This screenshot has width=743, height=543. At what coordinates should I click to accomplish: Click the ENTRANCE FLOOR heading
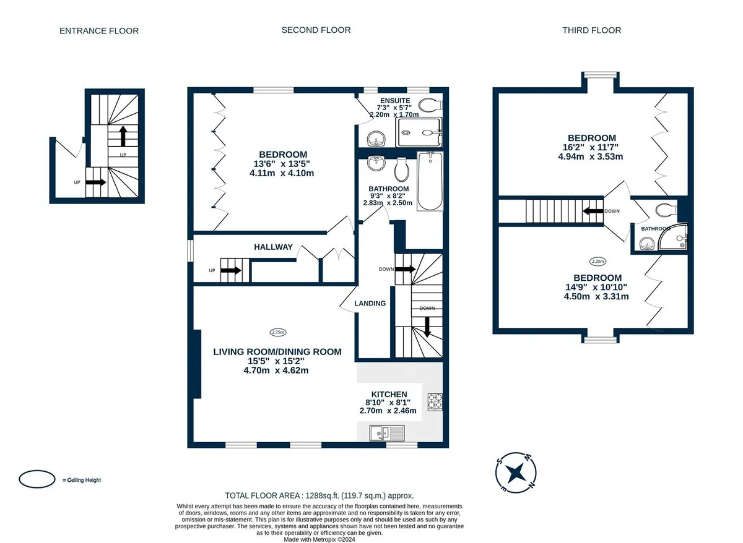pyautogui.click(x=99, y=31)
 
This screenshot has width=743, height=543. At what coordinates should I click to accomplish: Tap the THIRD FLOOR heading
pyautogui.click(x=591, y=30)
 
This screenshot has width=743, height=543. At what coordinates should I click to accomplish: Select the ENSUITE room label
pyautogui.click(x=395, y=100)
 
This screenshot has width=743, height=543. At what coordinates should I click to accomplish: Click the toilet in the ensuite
pyautogui.click(x=430, y=105)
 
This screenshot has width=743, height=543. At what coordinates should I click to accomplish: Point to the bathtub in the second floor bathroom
pyautogui.click(x=430, y=181)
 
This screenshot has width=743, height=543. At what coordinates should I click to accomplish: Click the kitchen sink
pyautogui.click(x=387, y=433)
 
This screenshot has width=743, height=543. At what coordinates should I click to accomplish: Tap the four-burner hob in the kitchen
pyautogui.click(x=435, y=402)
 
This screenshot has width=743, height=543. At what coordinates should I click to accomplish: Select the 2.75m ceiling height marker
pyautogui.click(x=278, y=332)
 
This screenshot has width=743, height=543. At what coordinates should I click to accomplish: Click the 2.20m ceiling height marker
pyautogui.click(x=597, y=262)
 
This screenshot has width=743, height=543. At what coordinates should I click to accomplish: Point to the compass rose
pyautogui.click(x=516, y=472)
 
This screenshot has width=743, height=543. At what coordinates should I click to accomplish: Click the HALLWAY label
pyautogui.click(x=273, y=247)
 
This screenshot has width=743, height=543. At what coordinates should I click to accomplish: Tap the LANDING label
pyautogui.click(x=370, y=303)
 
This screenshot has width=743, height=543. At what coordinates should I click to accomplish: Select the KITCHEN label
pyautogui.click(x=389, y=394)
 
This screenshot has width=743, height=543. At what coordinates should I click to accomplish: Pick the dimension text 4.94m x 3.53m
pyautogui.click(x=591, y=156)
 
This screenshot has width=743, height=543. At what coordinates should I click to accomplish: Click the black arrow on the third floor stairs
pyautogui.click(x=593, y=211)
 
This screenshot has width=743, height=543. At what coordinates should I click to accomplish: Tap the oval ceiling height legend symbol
pyautogui.click(x=37, y=479)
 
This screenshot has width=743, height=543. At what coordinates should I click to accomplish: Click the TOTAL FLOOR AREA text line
pyautogui.click(x=319, y=495)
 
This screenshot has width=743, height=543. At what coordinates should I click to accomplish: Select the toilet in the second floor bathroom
pyautogui.click(x=401, y=169)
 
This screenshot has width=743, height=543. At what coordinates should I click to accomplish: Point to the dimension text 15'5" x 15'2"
pyautogui.click(x=276, y=361)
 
